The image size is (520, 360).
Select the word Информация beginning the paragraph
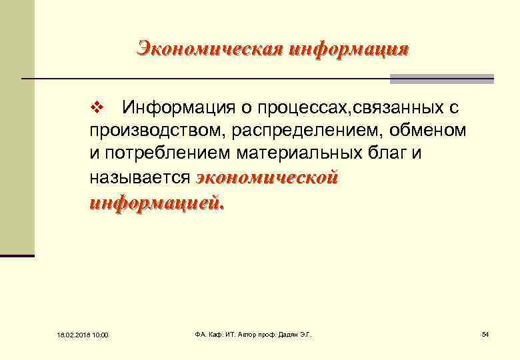pyautogui.click(x=174, y=107)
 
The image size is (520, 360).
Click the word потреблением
pyautogui.click(x=164, y=154)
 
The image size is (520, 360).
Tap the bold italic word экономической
pyautogui.click(x=268, y=178)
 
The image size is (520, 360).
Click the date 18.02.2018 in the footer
pyautogui.click(x=65, y=334)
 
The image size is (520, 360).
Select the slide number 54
pyautogui.click(x=485, y=333)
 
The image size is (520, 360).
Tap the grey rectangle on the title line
pyautogui.click(x=442, y=79)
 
